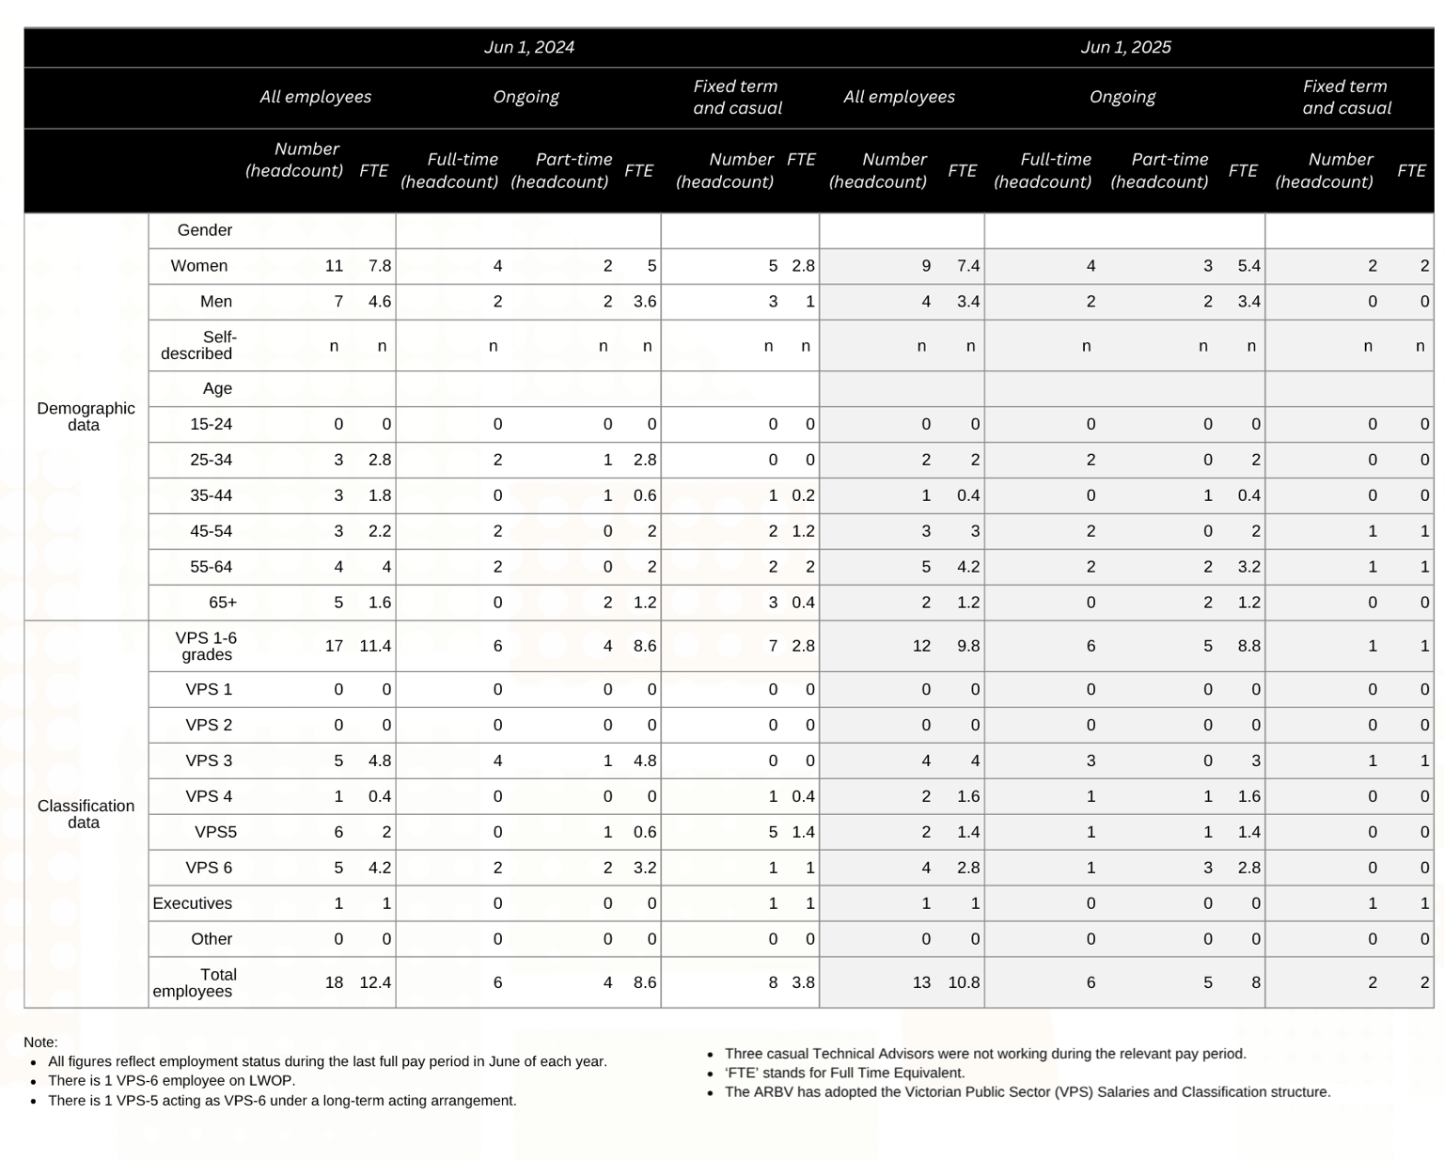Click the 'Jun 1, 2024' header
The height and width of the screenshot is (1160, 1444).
[x=528, y=47]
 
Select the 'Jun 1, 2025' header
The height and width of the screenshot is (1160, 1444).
[x=1125, y=47]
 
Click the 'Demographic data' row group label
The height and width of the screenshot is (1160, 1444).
[x=86, y=416]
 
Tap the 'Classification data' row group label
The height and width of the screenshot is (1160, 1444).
[x=86, y=814]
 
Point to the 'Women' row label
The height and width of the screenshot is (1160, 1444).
[x=199, y=266]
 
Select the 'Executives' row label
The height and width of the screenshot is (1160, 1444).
[x=193, y=903]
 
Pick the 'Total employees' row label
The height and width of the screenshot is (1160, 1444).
[x=195, y=982]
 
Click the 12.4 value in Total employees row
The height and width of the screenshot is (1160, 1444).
[x=375, y=982]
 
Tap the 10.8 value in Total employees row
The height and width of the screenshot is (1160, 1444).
[x=964, y=982]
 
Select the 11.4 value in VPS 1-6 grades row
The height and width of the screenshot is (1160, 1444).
[x=375, y=646]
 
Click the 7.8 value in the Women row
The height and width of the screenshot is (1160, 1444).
[x=380, y=266]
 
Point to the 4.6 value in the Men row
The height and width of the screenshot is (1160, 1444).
[x=380, y=302]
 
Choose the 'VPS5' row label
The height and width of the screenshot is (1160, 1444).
[x=215, y=832]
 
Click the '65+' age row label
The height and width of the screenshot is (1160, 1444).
[x=223, y=603]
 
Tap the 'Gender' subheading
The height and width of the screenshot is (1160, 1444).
[x=205, y=230]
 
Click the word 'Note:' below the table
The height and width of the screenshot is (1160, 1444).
[x=40, y=1042]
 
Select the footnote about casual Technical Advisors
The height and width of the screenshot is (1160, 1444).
[x=985, y=1054]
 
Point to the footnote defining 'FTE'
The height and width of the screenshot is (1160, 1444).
[x=844, y=1073]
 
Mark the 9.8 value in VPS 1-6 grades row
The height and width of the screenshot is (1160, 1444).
[x=968, y=646]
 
